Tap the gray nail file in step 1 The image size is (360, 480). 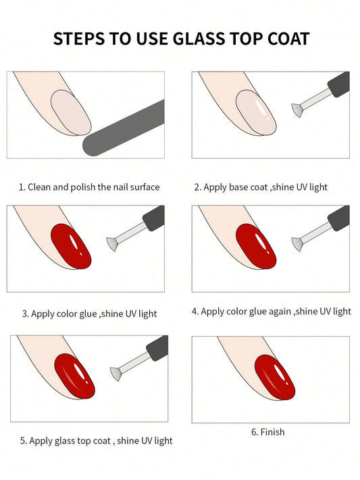click(x=126, y=128)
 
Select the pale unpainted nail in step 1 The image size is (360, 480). click(x=70, y=112)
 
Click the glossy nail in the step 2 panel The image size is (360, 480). click(x=256, y=112)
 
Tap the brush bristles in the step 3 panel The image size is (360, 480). click(x=112, y=242)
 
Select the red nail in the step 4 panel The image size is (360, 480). click(x=256, y=245)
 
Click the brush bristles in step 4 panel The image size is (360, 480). click(x=296, y=242)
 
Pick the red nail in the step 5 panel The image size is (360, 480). click(x=74, y=375)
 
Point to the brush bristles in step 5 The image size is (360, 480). click(x=115, y=373)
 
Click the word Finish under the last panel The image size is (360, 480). click(x=272, y=432)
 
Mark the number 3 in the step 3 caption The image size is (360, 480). click(x=24, y=314)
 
